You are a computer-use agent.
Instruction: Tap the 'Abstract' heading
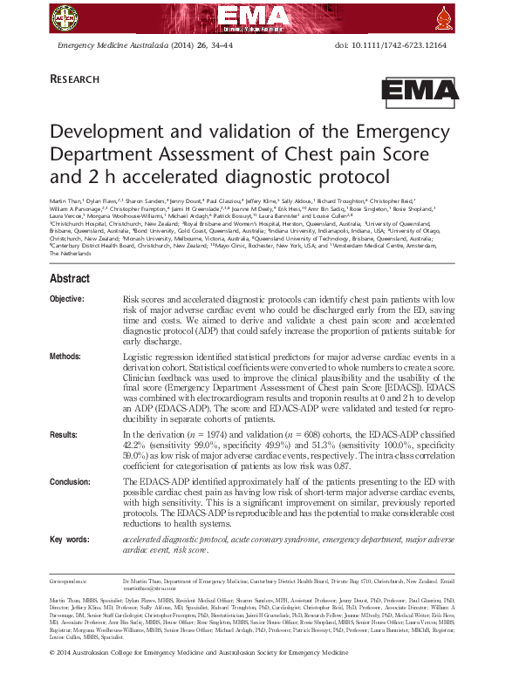69,279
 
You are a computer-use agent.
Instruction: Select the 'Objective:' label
67,299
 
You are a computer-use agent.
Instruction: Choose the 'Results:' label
64,433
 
